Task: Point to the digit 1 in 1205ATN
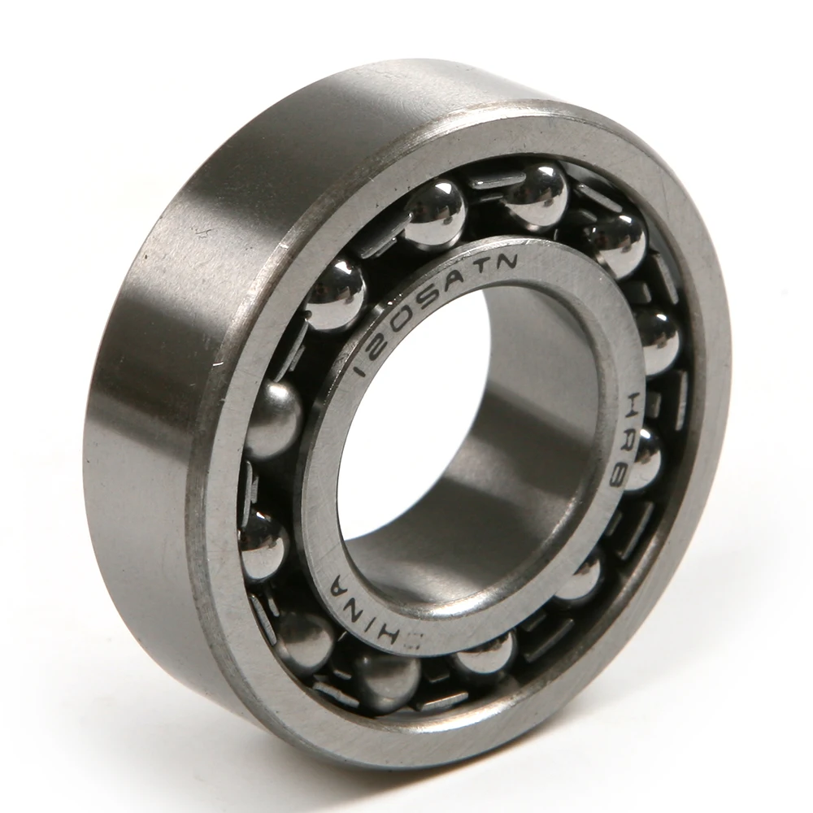pos(361,370)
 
